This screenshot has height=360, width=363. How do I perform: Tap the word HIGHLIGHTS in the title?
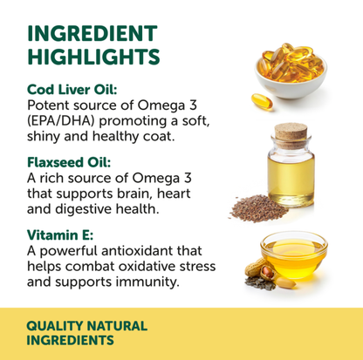(x=93, y=58)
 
